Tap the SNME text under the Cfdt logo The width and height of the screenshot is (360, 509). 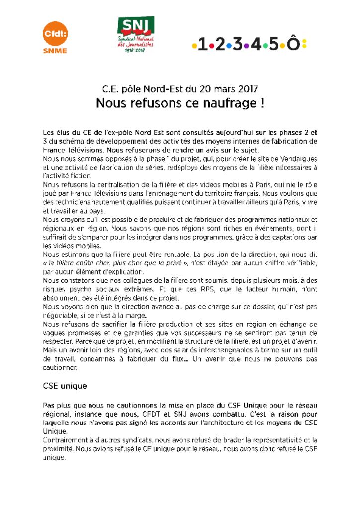point(55,50)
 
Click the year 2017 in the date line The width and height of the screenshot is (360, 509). point(247,90)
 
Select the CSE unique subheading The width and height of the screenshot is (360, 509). point(65,386)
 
